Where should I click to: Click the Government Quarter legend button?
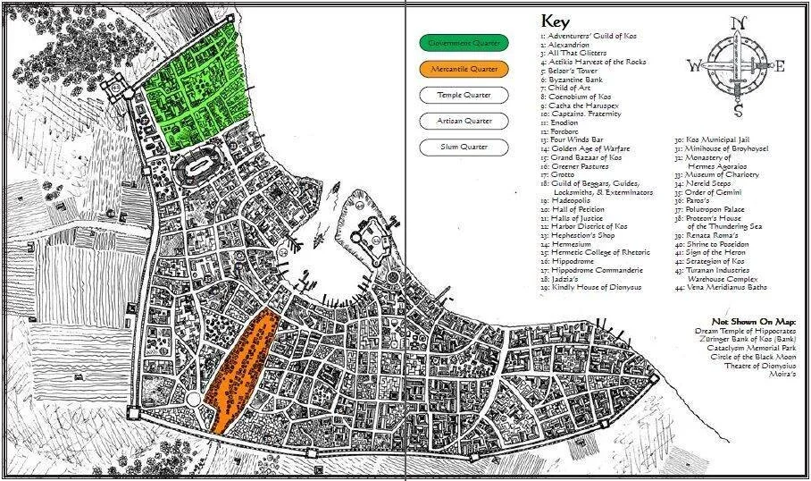tap(464, 42)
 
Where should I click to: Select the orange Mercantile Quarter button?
tap(464, 68)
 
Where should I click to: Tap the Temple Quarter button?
tap(464, 94)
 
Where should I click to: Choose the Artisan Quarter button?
tap(464, 120)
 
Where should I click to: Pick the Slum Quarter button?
tap(464, 146)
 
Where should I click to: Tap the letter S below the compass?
tap(738, 112)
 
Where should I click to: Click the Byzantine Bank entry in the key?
tap(575, 80)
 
